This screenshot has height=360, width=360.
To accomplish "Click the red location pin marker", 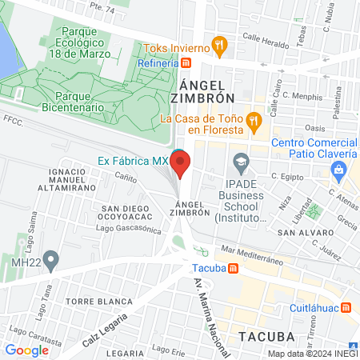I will point(181,165).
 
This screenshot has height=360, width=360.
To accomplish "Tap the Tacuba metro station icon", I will point(233,269).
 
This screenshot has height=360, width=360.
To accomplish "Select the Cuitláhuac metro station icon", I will point(346,306).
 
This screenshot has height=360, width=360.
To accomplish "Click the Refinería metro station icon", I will point(186,63).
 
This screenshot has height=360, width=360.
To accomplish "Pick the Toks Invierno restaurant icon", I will point(216,45).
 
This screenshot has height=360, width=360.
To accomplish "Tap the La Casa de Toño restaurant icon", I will point(254,120).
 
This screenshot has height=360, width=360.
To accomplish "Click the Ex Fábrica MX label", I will point(132,159).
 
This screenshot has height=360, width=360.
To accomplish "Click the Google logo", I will point(26,350).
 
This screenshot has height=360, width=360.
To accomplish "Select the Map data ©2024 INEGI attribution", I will point(312,354).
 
